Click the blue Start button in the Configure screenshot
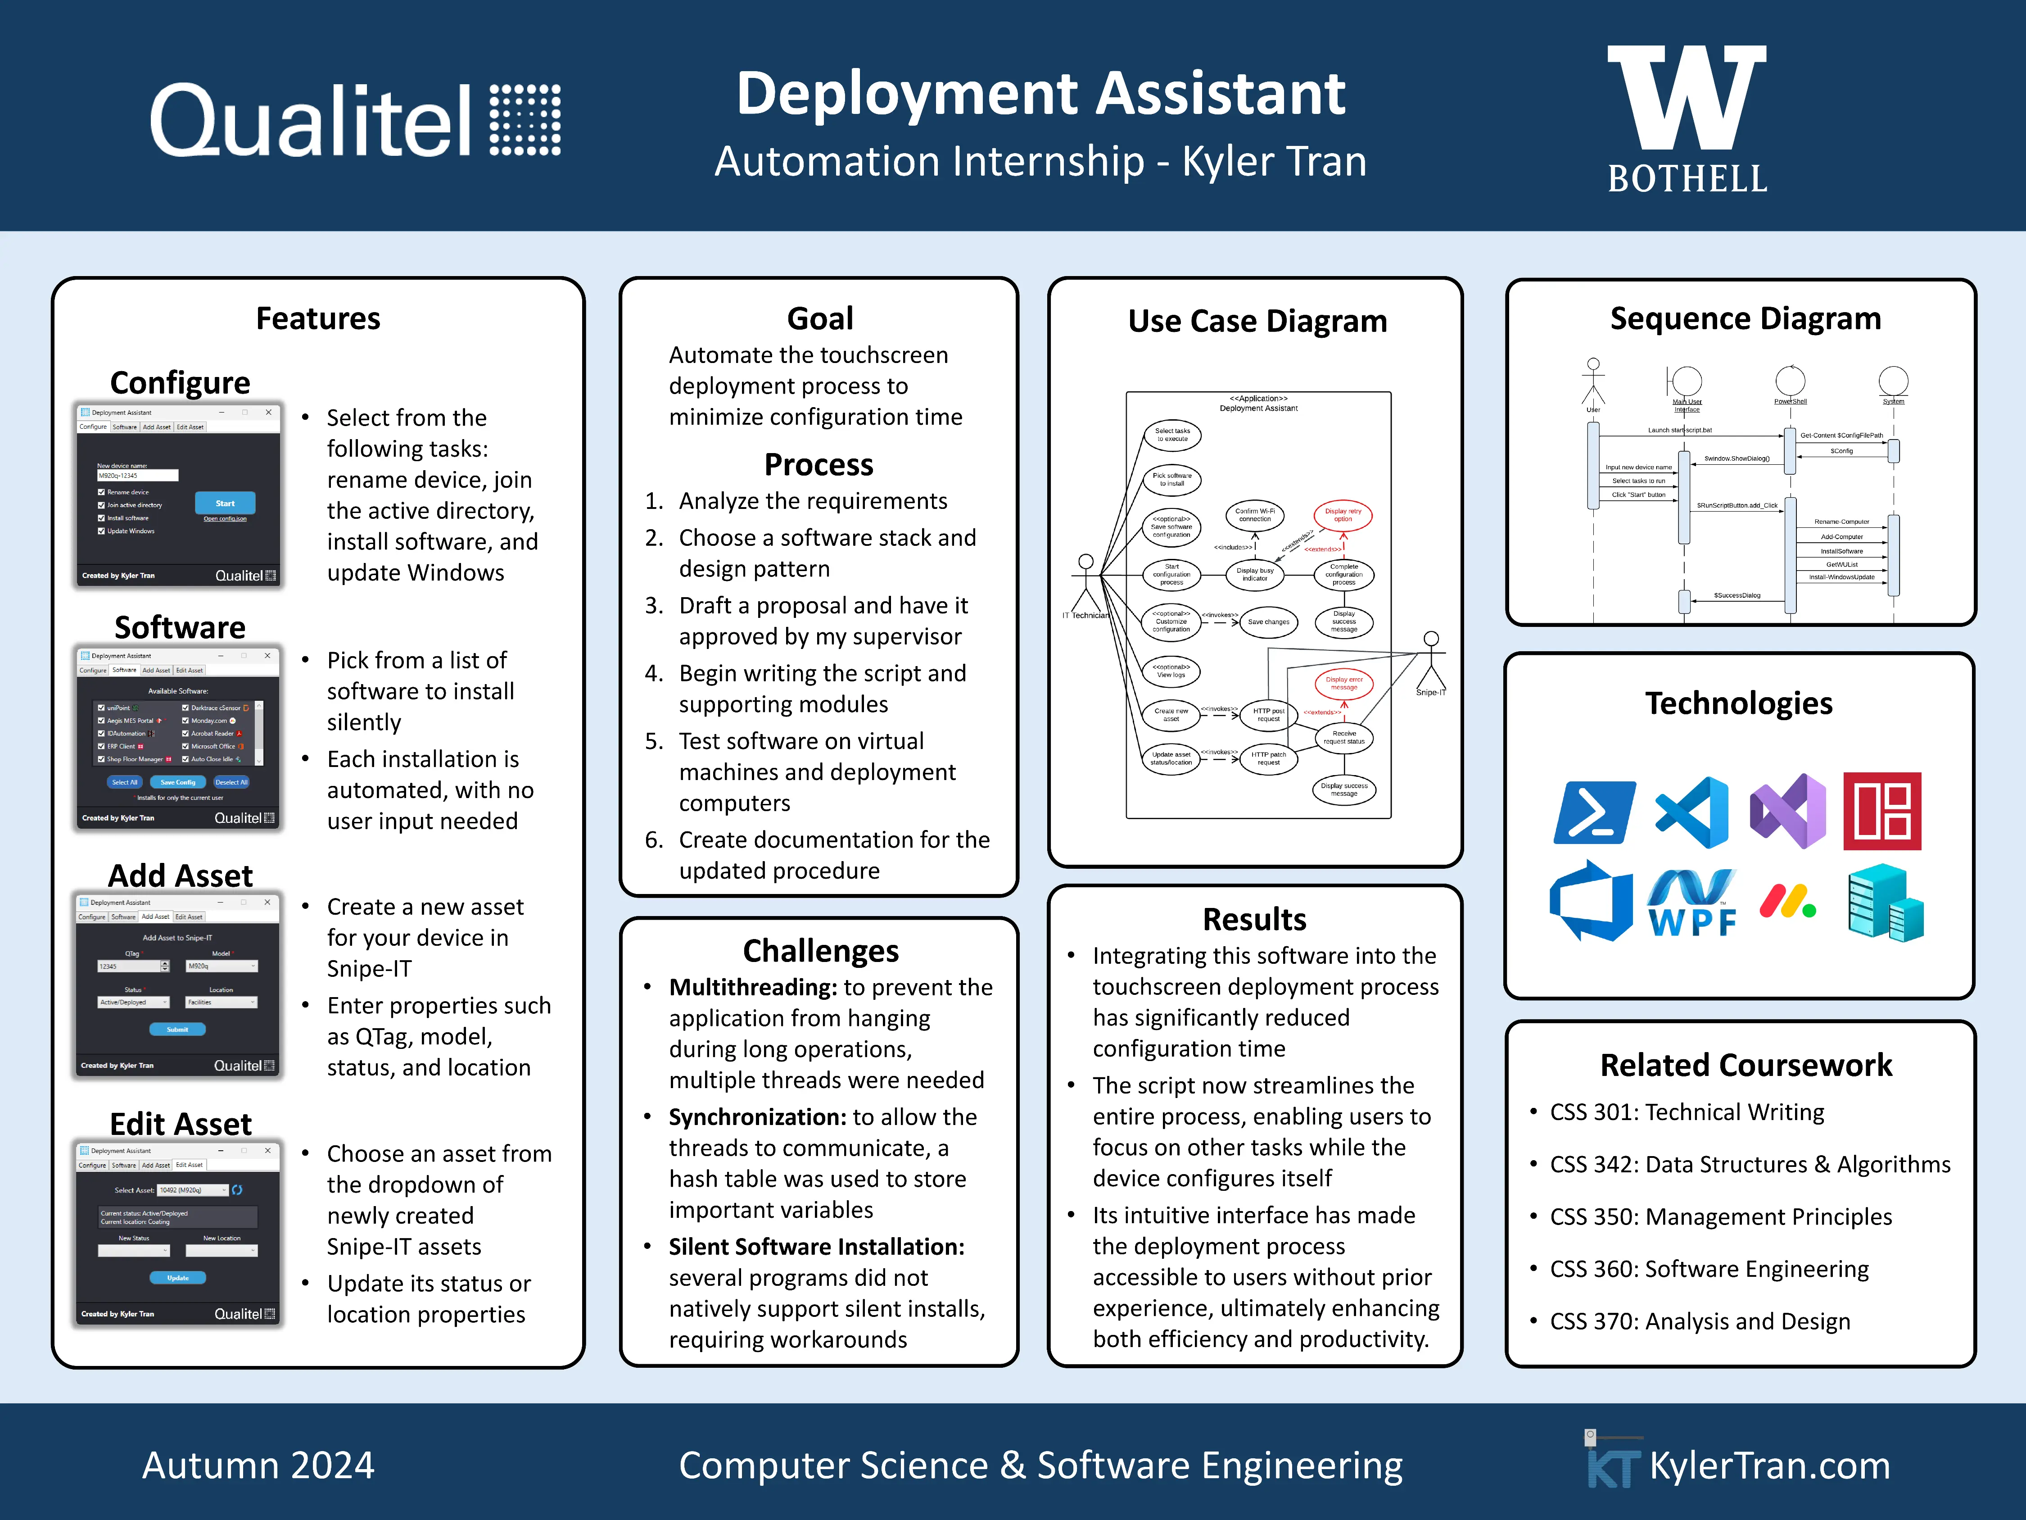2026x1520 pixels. click(x=224, y=503)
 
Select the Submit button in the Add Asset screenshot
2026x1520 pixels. click(x=178, y=1029)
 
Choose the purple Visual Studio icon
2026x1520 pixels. click(x=1788, y=812)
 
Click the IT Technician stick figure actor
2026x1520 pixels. click(x=1086, y=582)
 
